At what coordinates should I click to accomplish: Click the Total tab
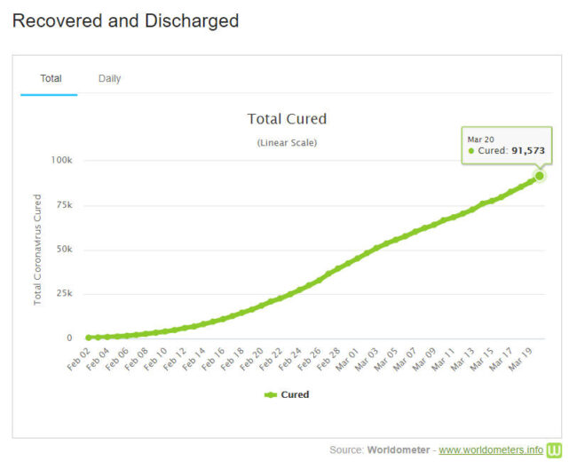click(51, 78)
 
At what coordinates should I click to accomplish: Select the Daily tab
click(109, 78)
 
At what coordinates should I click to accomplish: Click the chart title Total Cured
click(287, 119)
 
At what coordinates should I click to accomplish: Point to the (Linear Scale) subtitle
click(287, 142)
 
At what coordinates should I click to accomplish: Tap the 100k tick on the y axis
click(61, 161)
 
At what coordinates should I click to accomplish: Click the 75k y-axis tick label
click(64, 205)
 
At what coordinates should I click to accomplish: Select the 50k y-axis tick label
click(64, 250)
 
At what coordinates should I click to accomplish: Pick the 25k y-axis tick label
click(64, 294)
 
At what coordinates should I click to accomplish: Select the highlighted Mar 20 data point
click(539, 176)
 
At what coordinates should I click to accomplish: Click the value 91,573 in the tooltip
click(528, 151)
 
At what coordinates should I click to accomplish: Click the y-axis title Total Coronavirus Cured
click(38, 250)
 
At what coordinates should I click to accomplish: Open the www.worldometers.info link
click(490, 450)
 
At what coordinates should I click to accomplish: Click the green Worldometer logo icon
click(554, 450)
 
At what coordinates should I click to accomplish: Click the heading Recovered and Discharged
click(125, 20)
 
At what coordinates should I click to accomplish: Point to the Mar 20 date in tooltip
click(481, 138)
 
